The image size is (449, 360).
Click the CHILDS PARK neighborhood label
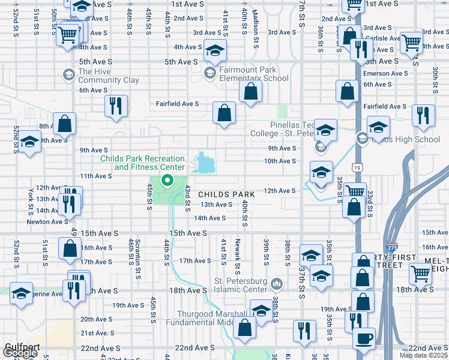coord(228,194)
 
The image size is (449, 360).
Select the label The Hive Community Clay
coord(108,76)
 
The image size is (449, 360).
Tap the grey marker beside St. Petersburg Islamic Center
coord(276,282)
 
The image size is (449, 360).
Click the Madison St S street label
coord(255,25)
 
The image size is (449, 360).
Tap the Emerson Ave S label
coord(385,73)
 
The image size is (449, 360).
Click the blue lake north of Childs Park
coord(206,162)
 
